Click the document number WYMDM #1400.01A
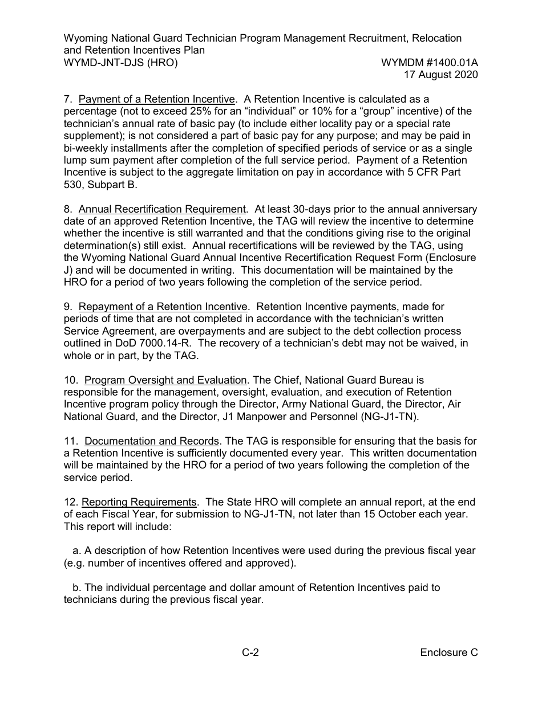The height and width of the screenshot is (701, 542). [429, 63]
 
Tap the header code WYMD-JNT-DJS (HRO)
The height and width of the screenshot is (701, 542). [120, 63]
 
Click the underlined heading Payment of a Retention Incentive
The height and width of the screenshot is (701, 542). [156, 100]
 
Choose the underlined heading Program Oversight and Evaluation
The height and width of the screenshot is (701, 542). [165, 380]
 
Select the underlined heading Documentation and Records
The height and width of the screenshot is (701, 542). [152, 441]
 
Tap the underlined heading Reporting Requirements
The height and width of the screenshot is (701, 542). [139, 502]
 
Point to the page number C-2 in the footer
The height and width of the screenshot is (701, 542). [250, 653]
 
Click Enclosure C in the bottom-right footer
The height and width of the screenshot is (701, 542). [448, 653]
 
